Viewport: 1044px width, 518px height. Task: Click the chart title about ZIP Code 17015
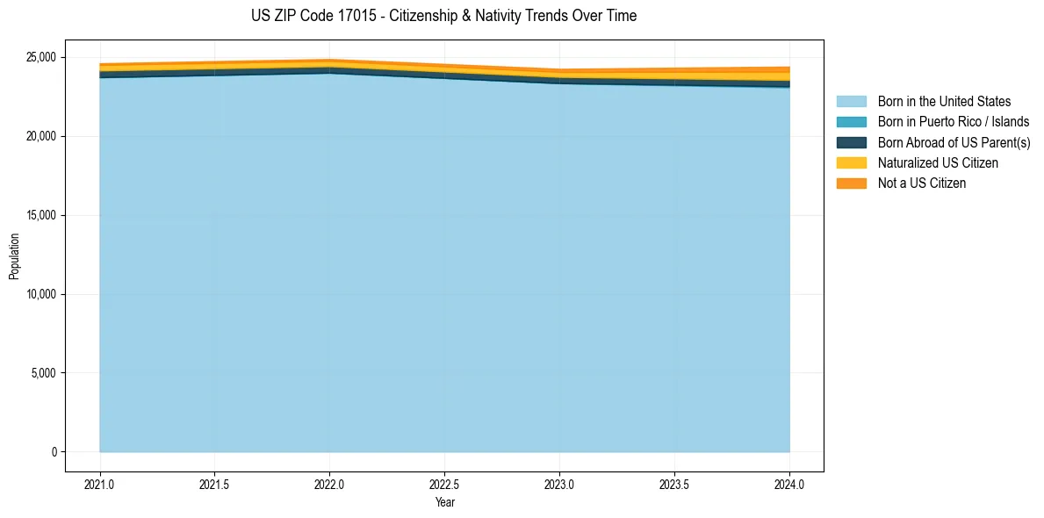(x=443, y=16)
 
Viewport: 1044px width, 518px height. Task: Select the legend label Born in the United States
(x=944, y=102)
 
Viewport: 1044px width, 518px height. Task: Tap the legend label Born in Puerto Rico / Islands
(x=954, y=122)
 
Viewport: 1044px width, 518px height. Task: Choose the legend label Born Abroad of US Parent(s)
(x=954, y=142)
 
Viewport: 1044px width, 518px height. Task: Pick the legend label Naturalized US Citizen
(x=938, y=162)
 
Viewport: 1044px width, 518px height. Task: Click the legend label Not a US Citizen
(x=922, y=183)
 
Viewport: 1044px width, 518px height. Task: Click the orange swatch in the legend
(x=851, y=183)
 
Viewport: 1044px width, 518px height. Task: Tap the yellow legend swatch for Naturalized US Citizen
(x=851, y=162)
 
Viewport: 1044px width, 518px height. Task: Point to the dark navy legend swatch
(x=851, y=142)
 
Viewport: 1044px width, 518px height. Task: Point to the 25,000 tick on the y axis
(x=40, y=57)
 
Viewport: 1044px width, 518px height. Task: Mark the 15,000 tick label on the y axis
(x=40, y=215)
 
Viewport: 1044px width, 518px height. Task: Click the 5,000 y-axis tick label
(x=43, y=373)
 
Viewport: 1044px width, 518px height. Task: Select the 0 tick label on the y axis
(x=54, y=452)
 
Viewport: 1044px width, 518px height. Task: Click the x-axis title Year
(x=445, y=502)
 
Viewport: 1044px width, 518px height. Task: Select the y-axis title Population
(x=14, y=256)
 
